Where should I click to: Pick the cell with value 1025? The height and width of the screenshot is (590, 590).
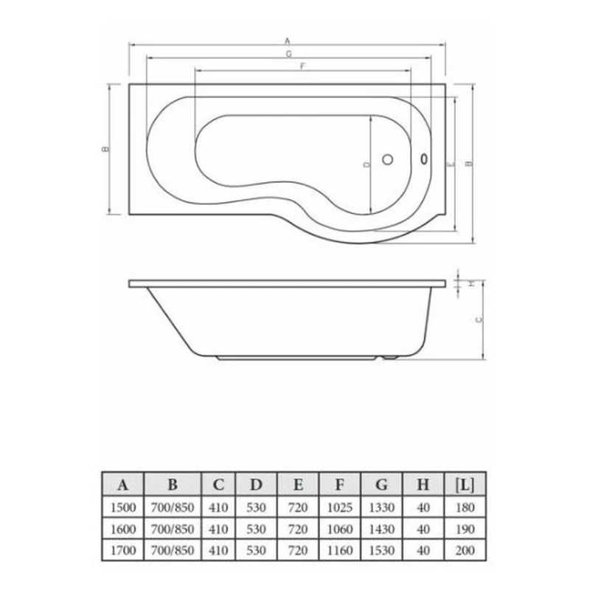click(339, 508)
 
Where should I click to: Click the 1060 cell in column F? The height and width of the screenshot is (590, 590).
click(339, 530)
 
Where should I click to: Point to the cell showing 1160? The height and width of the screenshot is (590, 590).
click(339, 551)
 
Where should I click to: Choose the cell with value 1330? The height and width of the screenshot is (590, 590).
click(381, 508)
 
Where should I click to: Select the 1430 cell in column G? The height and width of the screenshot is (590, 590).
click(381, 530)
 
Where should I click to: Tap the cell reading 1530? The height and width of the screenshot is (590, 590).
click(381, 551)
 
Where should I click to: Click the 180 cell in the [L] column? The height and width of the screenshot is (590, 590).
click(465, 508)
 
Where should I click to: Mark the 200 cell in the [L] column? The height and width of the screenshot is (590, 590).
click(465, 551)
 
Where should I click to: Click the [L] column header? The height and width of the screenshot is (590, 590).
click(465, 485)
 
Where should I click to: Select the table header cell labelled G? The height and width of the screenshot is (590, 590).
click(381, 485)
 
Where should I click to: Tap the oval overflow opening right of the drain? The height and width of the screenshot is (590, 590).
click(424, 158)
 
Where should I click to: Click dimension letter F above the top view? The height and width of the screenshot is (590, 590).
click(303, 66)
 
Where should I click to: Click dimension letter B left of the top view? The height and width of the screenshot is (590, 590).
click(106, 149)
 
